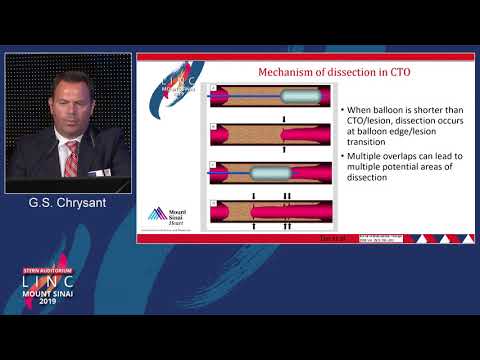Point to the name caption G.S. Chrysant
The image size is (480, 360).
(67, 203)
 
